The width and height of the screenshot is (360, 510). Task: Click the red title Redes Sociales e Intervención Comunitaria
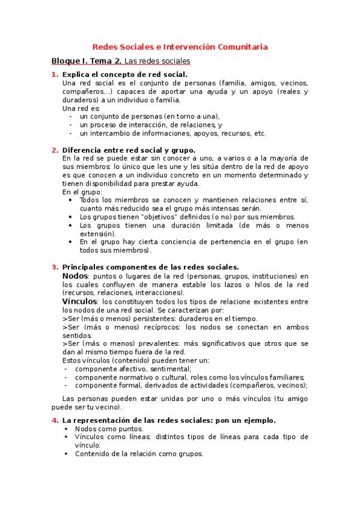[x=180, y=46]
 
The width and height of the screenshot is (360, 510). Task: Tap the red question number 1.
[x=54, y=75]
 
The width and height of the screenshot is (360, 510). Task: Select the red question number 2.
[x=54, y=150]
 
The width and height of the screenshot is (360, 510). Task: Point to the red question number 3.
[x=54, y=267]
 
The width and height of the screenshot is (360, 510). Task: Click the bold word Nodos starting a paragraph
[x=75, y=275]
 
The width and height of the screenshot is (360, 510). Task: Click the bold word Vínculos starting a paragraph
[x=81, y=301]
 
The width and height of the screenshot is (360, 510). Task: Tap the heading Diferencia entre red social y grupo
[x=129, y=150]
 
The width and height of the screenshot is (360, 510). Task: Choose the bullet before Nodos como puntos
[x=66, y=429]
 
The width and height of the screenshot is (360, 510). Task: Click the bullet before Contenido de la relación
[x=66, y=454]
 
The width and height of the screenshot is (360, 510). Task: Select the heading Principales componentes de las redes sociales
[x=150, y=267]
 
